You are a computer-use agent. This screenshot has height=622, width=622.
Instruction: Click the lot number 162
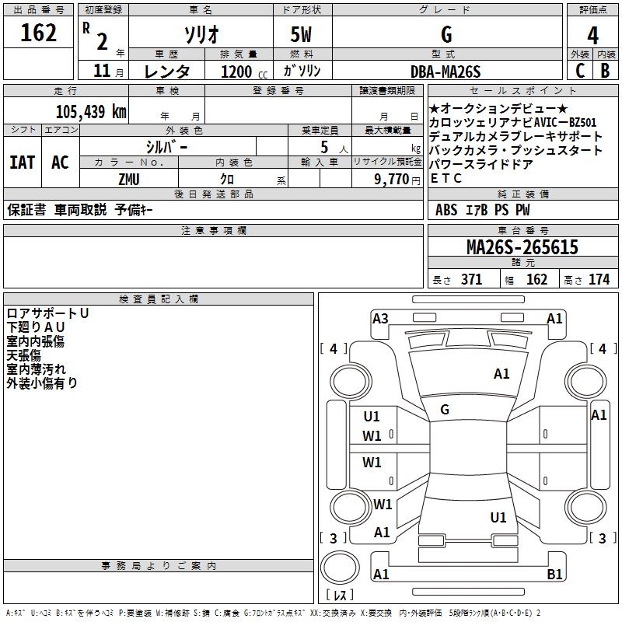(38, 33)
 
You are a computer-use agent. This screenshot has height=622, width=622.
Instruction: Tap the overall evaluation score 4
(592, 36)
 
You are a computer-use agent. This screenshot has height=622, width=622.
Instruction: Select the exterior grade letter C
(580, 71)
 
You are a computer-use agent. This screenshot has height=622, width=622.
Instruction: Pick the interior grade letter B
(605, 71)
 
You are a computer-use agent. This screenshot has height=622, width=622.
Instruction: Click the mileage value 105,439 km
(91, 111)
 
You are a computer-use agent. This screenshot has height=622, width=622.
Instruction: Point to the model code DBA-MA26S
(446, 72)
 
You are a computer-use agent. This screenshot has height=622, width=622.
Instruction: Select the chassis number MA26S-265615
(522, 247)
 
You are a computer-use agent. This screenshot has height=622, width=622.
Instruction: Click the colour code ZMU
(129, 180)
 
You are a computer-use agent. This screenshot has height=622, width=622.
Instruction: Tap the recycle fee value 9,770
(392, 179)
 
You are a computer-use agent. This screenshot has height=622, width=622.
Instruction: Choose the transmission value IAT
(23, 162)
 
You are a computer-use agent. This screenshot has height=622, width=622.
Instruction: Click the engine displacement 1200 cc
(244, 72)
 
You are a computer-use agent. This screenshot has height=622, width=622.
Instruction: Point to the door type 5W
(301, 34)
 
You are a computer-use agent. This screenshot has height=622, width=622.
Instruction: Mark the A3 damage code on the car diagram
(380, 319)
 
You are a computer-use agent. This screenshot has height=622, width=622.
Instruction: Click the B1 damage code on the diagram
(554, 574)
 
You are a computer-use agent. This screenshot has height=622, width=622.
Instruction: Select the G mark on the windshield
(445, 410)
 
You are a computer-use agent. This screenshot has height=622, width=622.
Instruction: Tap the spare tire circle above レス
(340, 568)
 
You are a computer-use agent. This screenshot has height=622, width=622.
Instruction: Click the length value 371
(472, 279)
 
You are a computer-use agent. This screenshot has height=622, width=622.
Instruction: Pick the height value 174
(599, 279)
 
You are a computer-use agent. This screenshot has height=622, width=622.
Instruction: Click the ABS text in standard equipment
(446, 210)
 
